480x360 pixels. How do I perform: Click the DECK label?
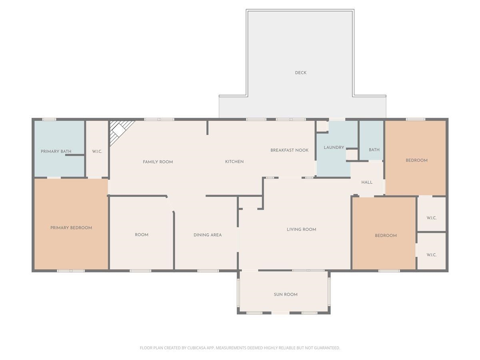click(x=300, y=73)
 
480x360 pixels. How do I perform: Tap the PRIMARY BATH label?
click(x=56, y=151)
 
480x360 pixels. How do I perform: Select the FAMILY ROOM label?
click(x=158, y=162)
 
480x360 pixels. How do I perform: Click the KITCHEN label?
click(x=234, y=162)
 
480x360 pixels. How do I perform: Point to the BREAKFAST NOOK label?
click(x=289, y=150)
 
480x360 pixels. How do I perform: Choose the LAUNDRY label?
click(x=334, y=148)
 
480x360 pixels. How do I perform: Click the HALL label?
click(x=367, y=182)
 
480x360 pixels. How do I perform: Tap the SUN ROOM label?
click(x=285, y=294)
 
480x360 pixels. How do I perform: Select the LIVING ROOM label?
click(x=301, y=229)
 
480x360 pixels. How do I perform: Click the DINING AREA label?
click(x=208, y=235)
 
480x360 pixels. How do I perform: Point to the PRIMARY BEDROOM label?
click(x=71, y=228)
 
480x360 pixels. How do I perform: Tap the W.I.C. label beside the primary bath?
click(x=97, y=151)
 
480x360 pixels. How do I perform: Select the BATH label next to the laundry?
click(x=374, y=150)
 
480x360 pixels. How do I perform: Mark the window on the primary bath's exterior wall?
click(x=49, y=119)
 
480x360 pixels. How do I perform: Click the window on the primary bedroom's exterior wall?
click(x=71, y=271)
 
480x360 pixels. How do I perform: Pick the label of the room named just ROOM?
click(x=142, y=235)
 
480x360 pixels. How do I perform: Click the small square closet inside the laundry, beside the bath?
click(x=352, y=155)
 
